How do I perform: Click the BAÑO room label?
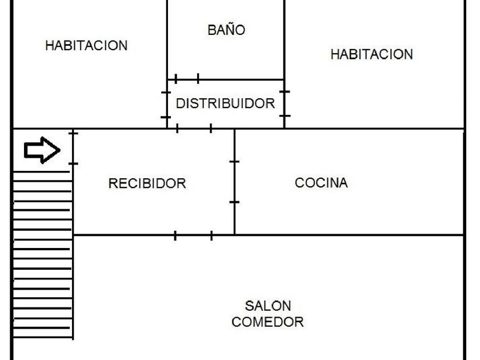click(226, 30)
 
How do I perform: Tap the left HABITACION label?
click(86, 46)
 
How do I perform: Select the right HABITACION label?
click(371, 55)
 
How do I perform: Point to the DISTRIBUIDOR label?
click(225, 103)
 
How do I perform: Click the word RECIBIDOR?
click(147, 183)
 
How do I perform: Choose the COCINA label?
click(321, 183)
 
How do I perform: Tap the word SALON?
click(267, 306)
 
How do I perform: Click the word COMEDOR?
click(267, 322)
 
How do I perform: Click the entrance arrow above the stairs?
click(42, 151)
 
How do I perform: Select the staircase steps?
click(42, 257)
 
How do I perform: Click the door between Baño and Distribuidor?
click(187, 79)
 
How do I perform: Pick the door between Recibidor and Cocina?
click(234, 182)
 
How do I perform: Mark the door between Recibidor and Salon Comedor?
click(193, 235)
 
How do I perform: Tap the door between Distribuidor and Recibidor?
click(194, 129)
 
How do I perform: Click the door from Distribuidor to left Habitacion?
click(166, 104)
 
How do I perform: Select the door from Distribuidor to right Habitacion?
click(284, 103)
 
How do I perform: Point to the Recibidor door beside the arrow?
click(73, 148)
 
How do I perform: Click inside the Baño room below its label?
click(226, 57)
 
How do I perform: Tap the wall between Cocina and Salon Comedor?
click(349, 235)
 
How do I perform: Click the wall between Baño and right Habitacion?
click(284, 40)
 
